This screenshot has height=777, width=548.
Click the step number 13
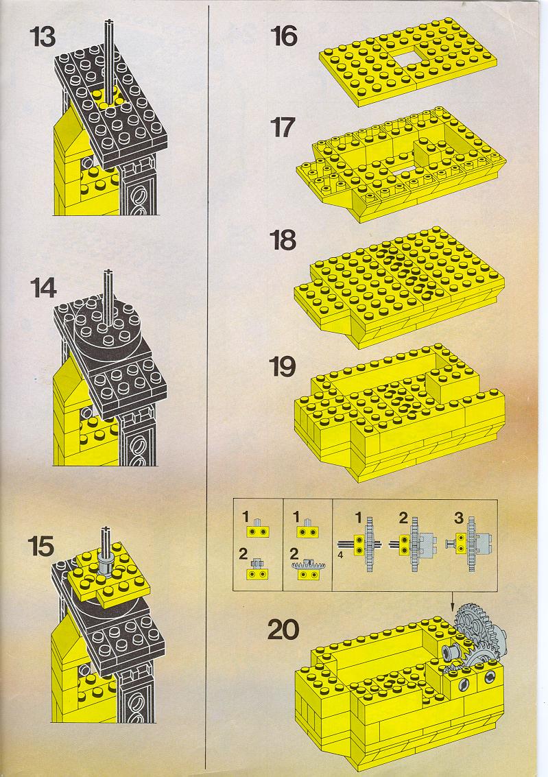(x=43, y=36)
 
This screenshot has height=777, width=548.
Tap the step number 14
(x=44, y=288)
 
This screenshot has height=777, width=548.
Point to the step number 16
(x=285, y=36)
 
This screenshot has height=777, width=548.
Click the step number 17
(x=283, y=128)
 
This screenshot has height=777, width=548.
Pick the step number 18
(x=283, y=240)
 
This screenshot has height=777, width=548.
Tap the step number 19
(x=283, y=367)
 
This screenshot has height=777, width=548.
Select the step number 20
(x=283, y=630)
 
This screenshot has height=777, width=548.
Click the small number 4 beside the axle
(x=340, y=555)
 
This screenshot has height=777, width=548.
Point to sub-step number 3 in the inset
(x=459, y=518)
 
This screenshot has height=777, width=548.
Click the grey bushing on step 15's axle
(x=105, y=563)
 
